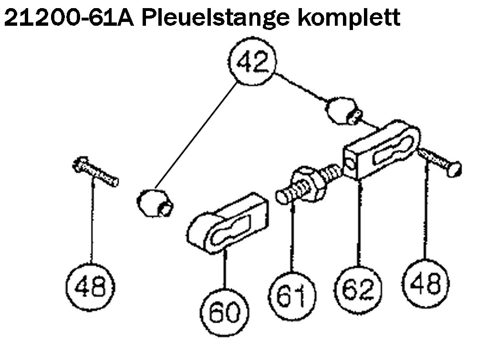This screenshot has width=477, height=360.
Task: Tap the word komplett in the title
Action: pos(348,19)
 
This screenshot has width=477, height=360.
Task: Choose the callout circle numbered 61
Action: pos(291,296)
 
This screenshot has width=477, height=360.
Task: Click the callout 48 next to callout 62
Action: pos(426,283)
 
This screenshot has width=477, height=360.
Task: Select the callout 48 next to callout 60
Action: pos(91,287)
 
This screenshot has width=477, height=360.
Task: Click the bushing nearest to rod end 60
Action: pos(155,203)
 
